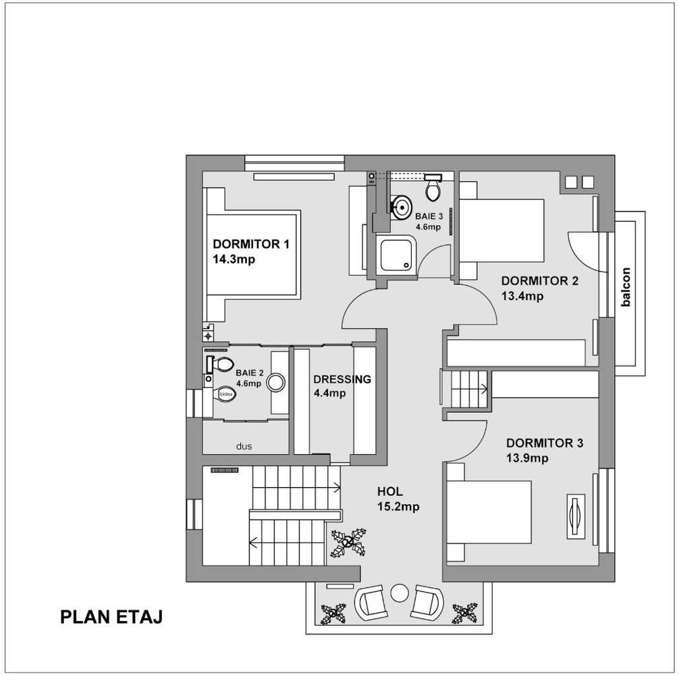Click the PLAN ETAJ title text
click(x=111, y=617)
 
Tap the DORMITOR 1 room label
click(x=250, y=244)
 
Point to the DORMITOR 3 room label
click(x=545, y=443)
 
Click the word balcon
click(x=626, y=289)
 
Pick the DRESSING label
click(x=342, y=380)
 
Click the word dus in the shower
click(x=244, y=446)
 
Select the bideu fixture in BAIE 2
click(x=225, y=395)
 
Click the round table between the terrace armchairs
click(x=400, y=593)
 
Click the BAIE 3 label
click(x=429, y=216)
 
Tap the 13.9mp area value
click(x=527, y=458)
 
